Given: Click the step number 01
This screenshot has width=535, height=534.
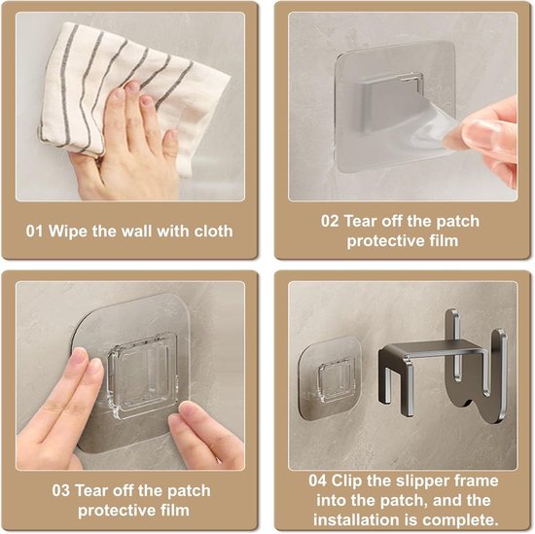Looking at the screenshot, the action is (34, 231).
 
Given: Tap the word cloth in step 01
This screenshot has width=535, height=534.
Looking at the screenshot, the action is (214, 231).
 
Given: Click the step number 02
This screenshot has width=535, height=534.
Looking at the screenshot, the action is (330, 221).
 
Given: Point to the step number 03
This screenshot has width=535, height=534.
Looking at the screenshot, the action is (61, 490).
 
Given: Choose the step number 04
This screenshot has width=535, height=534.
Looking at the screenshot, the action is (318, 481).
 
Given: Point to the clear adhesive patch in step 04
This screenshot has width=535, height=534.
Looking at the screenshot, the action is (330, 378).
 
